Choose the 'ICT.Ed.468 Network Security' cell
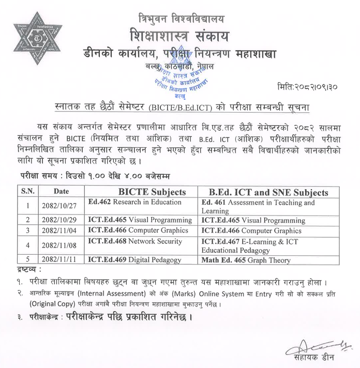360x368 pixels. tap(136, 241)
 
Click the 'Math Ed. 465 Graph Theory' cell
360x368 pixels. tap(246, 260)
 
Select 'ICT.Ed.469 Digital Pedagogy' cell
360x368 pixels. tap(136, 260)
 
